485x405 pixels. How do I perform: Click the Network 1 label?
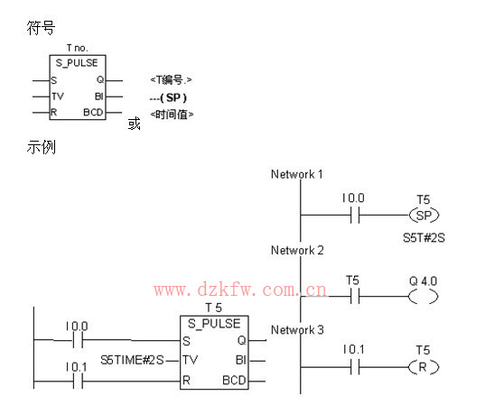click(297, 174)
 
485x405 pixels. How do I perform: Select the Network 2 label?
click(297, 250)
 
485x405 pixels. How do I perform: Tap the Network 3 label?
click(297, 330)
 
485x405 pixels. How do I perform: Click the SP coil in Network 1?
click(424, 215)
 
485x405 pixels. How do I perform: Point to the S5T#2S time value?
click(424, 238)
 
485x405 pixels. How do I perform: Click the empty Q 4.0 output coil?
click(424, 297)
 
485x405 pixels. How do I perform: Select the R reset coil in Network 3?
click(424, 367)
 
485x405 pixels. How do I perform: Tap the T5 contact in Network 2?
click(355, 297)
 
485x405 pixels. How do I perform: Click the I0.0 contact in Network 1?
click(355, 215)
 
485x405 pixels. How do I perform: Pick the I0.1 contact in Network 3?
click(355, 367)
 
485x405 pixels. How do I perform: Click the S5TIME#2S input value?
click(132, 360)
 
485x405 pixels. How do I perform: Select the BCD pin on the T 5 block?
click(234, 381)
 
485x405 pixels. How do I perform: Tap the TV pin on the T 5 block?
click(190, 360)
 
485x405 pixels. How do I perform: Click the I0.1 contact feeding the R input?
click(78, 382)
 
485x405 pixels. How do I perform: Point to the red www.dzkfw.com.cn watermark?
click(240, 290)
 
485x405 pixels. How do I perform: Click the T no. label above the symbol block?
click(78, 48)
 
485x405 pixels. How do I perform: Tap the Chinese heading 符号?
click(41, 28)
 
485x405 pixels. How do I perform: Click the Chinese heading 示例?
click(42, 147)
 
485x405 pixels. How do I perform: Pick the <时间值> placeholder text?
click(172, 115)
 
